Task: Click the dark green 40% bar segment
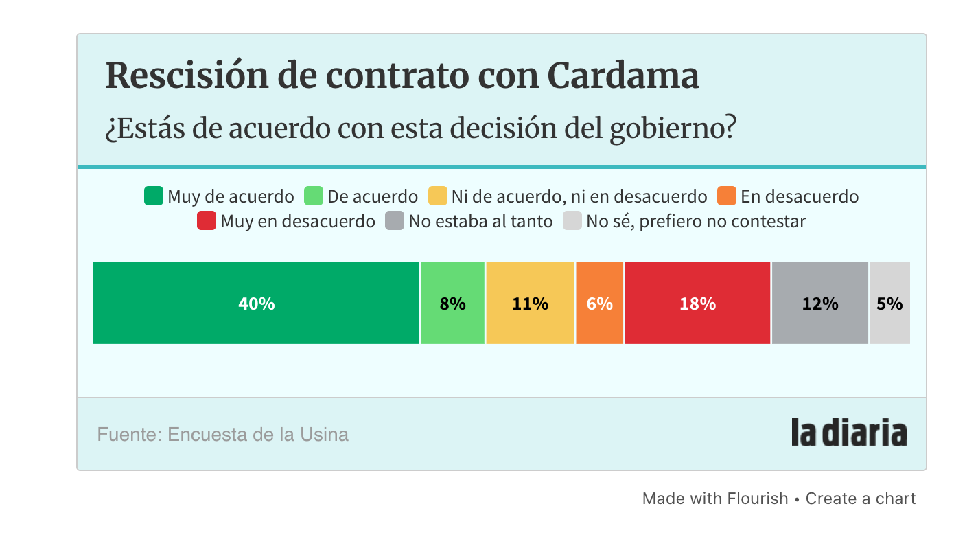pyautogui.click(x=256, y=303)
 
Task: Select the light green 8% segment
pyautogui.click(x=452, y=303)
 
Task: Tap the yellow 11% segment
pyautogui.click(x=530, y=303)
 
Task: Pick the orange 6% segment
pyautogui.click(x=599, y=303)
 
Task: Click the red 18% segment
pyautogui.click(x=697, y=303)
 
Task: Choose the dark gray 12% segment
pyautogui.click(x=819, y=303)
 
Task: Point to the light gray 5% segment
pyautogui.click(x=889, y=303)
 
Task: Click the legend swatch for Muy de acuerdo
pyautogui.click(x=153, y=196)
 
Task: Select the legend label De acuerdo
pyautogui.click(x=372, y=196)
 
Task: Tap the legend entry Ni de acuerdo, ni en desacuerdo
pyautogui.click(x=579, y=196)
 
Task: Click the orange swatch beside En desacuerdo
pyautogui.click(x=726, y=196)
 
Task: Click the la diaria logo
pyautogui.click(x=848, y=433)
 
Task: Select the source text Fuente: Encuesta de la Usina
pyautogui.click(x=223, y=435)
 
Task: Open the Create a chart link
pyautogui.click(x=860, y=499)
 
